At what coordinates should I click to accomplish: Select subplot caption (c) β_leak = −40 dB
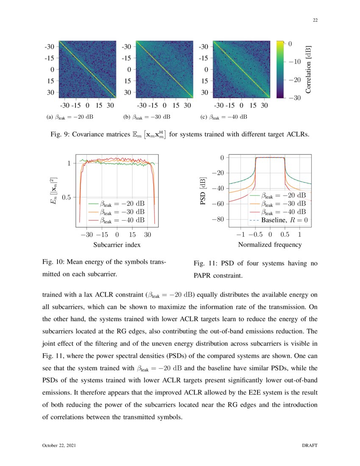coord(223,116)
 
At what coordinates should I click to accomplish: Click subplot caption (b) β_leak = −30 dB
coord(147,116)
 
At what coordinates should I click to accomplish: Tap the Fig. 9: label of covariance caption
coord(59,135)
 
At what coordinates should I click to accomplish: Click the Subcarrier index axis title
coord(117,244)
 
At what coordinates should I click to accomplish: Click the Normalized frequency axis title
coord(270,244)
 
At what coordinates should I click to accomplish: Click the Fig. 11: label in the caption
coord(205,264)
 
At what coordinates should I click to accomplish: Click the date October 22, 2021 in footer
coord(59,446)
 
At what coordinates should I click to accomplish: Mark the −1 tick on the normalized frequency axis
coord(240,234)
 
